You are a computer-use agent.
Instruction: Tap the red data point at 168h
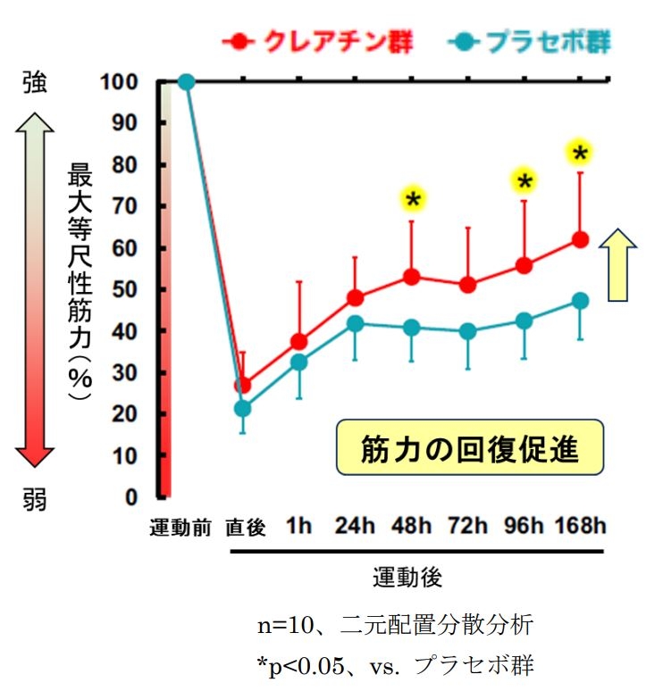click(x=580, y=239)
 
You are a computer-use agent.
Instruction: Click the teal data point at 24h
click(x=355, y=323)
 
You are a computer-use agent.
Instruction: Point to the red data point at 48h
click(x=412, y=277)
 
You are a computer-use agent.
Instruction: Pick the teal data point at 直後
click(x=242, y=408)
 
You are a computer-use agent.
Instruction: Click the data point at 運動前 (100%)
click(x=186, y=82)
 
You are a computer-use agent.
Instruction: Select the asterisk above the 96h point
click(x=525, y=182)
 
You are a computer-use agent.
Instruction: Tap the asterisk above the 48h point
click(x=412, y=199)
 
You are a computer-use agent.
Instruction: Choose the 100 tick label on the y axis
click(x=124, y=82)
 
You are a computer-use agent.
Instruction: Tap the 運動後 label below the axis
click(x=407, y=577)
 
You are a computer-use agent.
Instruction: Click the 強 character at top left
click(x=33, y=84)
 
